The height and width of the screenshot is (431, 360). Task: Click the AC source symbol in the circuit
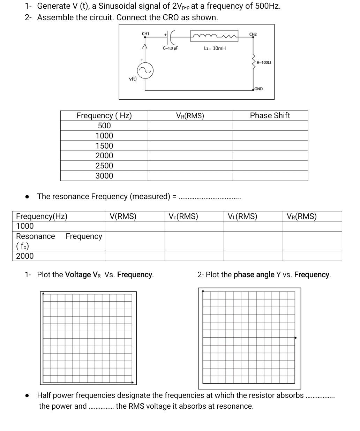[145, 71]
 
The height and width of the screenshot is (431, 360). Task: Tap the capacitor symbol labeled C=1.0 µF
[171, 36]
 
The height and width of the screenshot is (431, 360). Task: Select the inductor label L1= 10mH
[215, 48]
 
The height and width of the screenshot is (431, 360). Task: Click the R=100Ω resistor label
[263, 62]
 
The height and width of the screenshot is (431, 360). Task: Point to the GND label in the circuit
[258, 89]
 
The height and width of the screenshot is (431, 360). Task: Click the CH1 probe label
[145, 33]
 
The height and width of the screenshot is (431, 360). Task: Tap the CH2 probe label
[253, 34]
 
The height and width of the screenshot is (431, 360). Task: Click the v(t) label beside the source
[133, 79]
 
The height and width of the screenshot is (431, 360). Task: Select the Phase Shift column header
[270, 116]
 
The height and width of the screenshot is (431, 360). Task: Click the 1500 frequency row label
[104, 146]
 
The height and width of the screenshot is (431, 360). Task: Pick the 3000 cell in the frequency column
[104, 176]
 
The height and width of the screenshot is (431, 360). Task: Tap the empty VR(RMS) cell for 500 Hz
[190, 126]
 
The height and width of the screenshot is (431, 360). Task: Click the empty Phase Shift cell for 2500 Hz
[270, 166]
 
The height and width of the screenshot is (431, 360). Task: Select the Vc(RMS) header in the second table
[183, 216]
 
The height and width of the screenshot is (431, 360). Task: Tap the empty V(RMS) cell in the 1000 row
[135, 226]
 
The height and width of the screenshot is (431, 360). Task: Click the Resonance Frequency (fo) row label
[59, 241]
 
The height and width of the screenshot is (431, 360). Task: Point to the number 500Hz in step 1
[267, 6]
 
